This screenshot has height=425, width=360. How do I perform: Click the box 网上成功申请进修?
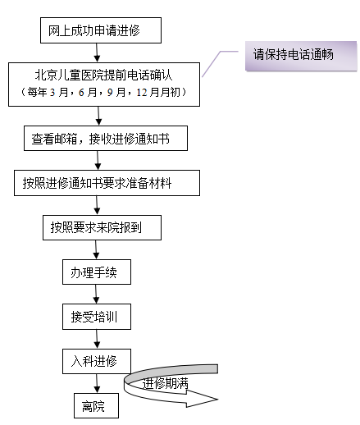tap(100, 30)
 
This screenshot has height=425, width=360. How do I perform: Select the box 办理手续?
tap(95, 271)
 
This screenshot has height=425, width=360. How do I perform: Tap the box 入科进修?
tap(95, 360)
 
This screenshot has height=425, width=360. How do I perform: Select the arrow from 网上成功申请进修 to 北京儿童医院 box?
tap(98, 52)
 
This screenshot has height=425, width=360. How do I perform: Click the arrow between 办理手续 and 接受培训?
tap(96, 293)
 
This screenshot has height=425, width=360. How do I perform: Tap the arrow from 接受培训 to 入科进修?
tap(96, 337)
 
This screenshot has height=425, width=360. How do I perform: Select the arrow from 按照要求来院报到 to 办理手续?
tap(96, 249)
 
